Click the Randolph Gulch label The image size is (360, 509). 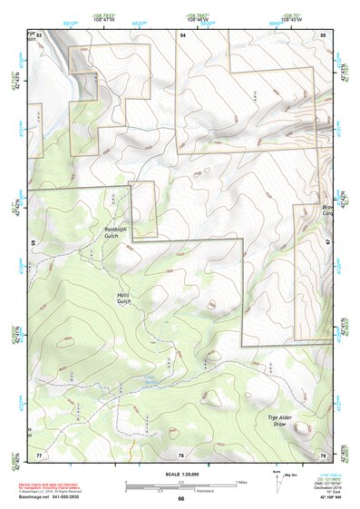click(x=119, y=232)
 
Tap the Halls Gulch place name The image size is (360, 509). click(x=124, y=299)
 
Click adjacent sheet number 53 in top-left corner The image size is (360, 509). click(x=39, y=34)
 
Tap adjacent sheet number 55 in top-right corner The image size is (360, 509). click(x=322, y=34)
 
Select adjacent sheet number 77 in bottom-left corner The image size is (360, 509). click(x=39, y=454)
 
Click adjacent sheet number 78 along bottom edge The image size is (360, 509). click(x=181, y=454)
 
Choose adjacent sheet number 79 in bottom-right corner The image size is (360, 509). click(x=322, y=454)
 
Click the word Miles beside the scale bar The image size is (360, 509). click(x=240, y=481)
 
